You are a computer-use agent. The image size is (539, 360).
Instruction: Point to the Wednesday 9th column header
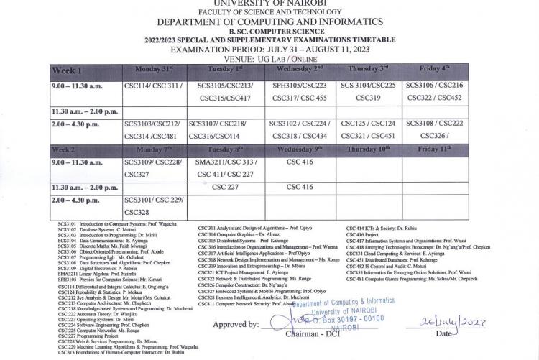(299, 149)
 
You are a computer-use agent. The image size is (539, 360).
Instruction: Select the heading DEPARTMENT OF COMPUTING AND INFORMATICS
(269, 22)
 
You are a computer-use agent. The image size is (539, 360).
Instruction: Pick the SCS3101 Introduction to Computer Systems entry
(103, 225)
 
